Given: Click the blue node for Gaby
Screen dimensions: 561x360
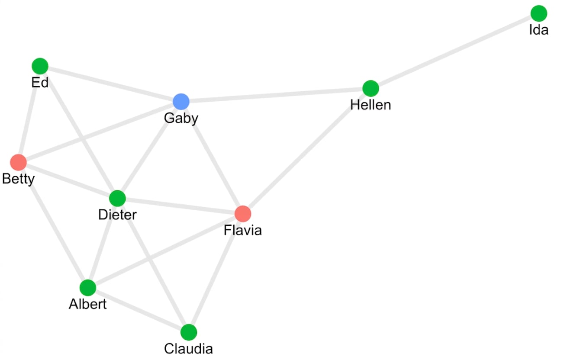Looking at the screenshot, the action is click(x=181, y=102).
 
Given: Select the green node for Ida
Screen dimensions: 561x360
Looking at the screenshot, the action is click(x=539, y=13).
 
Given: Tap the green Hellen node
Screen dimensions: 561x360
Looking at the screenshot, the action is click(x=371, y=88).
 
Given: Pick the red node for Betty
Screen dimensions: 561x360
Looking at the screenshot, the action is click(x=18, y=162).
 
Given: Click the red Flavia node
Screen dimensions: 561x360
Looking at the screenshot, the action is click(x=243, y=214).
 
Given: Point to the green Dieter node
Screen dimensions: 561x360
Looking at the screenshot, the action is click(x=117, y=199).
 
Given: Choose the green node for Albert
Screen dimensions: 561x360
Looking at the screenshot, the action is click(x=87, y=288).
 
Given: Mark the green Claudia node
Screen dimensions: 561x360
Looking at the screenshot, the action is click(x=189, y=332).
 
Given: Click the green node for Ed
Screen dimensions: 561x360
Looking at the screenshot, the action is click(x=40, y=66).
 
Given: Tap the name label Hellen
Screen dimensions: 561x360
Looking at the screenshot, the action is click(x=371, y=105).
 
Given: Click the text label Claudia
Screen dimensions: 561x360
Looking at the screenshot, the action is click(x=189, y=349).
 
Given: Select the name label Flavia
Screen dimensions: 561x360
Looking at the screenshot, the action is click(x=243, y=230).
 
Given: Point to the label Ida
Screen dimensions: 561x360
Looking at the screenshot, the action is click(x=539, y=30).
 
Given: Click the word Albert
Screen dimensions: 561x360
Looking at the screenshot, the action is click(x=87, y=304).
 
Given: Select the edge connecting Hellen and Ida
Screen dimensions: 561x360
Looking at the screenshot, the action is click(x=455, y=51).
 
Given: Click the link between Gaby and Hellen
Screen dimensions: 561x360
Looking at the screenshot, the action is click(x=276, y=95).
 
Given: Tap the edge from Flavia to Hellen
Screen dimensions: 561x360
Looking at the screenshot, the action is click(x=307, y=151).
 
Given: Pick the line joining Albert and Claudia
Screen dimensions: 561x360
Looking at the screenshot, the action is click(x=138, y=310).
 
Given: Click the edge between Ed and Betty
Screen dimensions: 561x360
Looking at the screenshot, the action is click(x=29, y=114).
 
